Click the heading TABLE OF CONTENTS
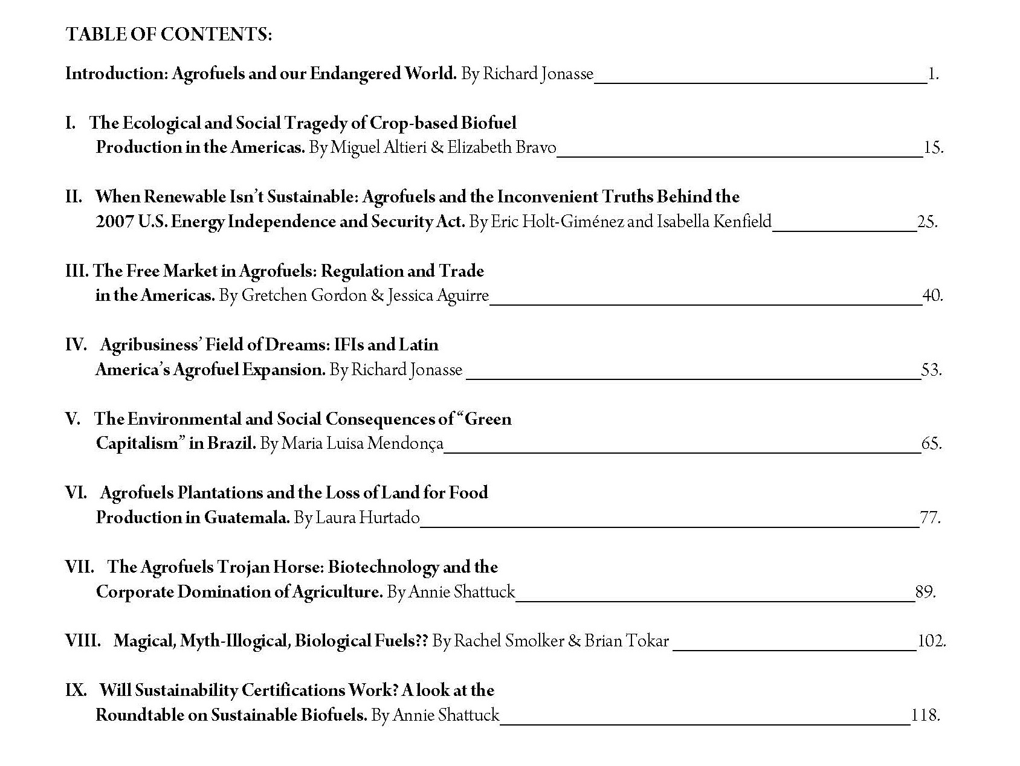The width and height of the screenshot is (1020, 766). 169,34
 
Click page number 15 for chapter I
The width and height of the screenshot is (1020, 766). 932,147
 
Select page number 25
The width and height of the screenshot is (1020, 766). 926,222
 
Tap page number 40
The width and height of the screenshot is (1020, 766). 932,295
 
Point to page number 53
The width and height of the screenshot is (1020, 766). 931,370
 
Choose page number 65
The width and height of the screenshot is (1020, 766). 931,443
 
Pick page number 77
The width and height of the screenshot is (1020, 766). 929,518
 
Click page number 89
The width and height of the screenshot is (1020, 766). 925,591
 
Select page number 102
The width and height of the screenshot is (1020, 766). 931,641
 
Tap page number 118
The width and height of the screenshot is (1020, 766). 925,715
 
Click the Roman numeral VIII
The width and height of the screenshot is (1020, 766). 82,641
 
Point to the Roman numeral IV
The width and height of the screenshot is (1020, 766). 76,345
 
